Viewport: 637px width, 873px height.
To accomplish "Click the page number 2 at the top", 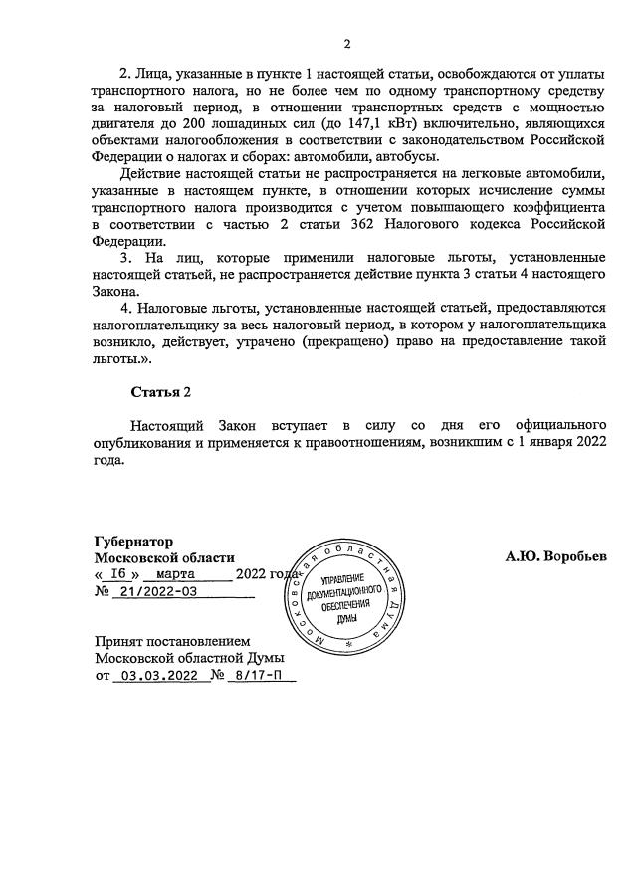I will (347, 44).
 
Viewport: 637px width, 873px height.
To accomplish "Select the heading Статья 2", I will (160, 392).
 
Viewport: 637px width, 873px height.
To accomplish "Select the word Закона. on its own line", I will (118, 292).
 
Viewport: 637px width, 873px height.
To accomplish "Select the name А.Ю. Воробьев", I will (555, 557).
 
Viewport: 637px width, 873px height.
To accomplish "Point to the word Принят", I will (121, 642).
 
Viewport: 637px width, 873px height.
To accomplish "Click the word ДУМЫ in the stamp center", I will (346, 617).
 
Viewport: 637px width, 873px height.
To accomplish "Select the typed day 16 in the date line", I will (118, 575).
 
